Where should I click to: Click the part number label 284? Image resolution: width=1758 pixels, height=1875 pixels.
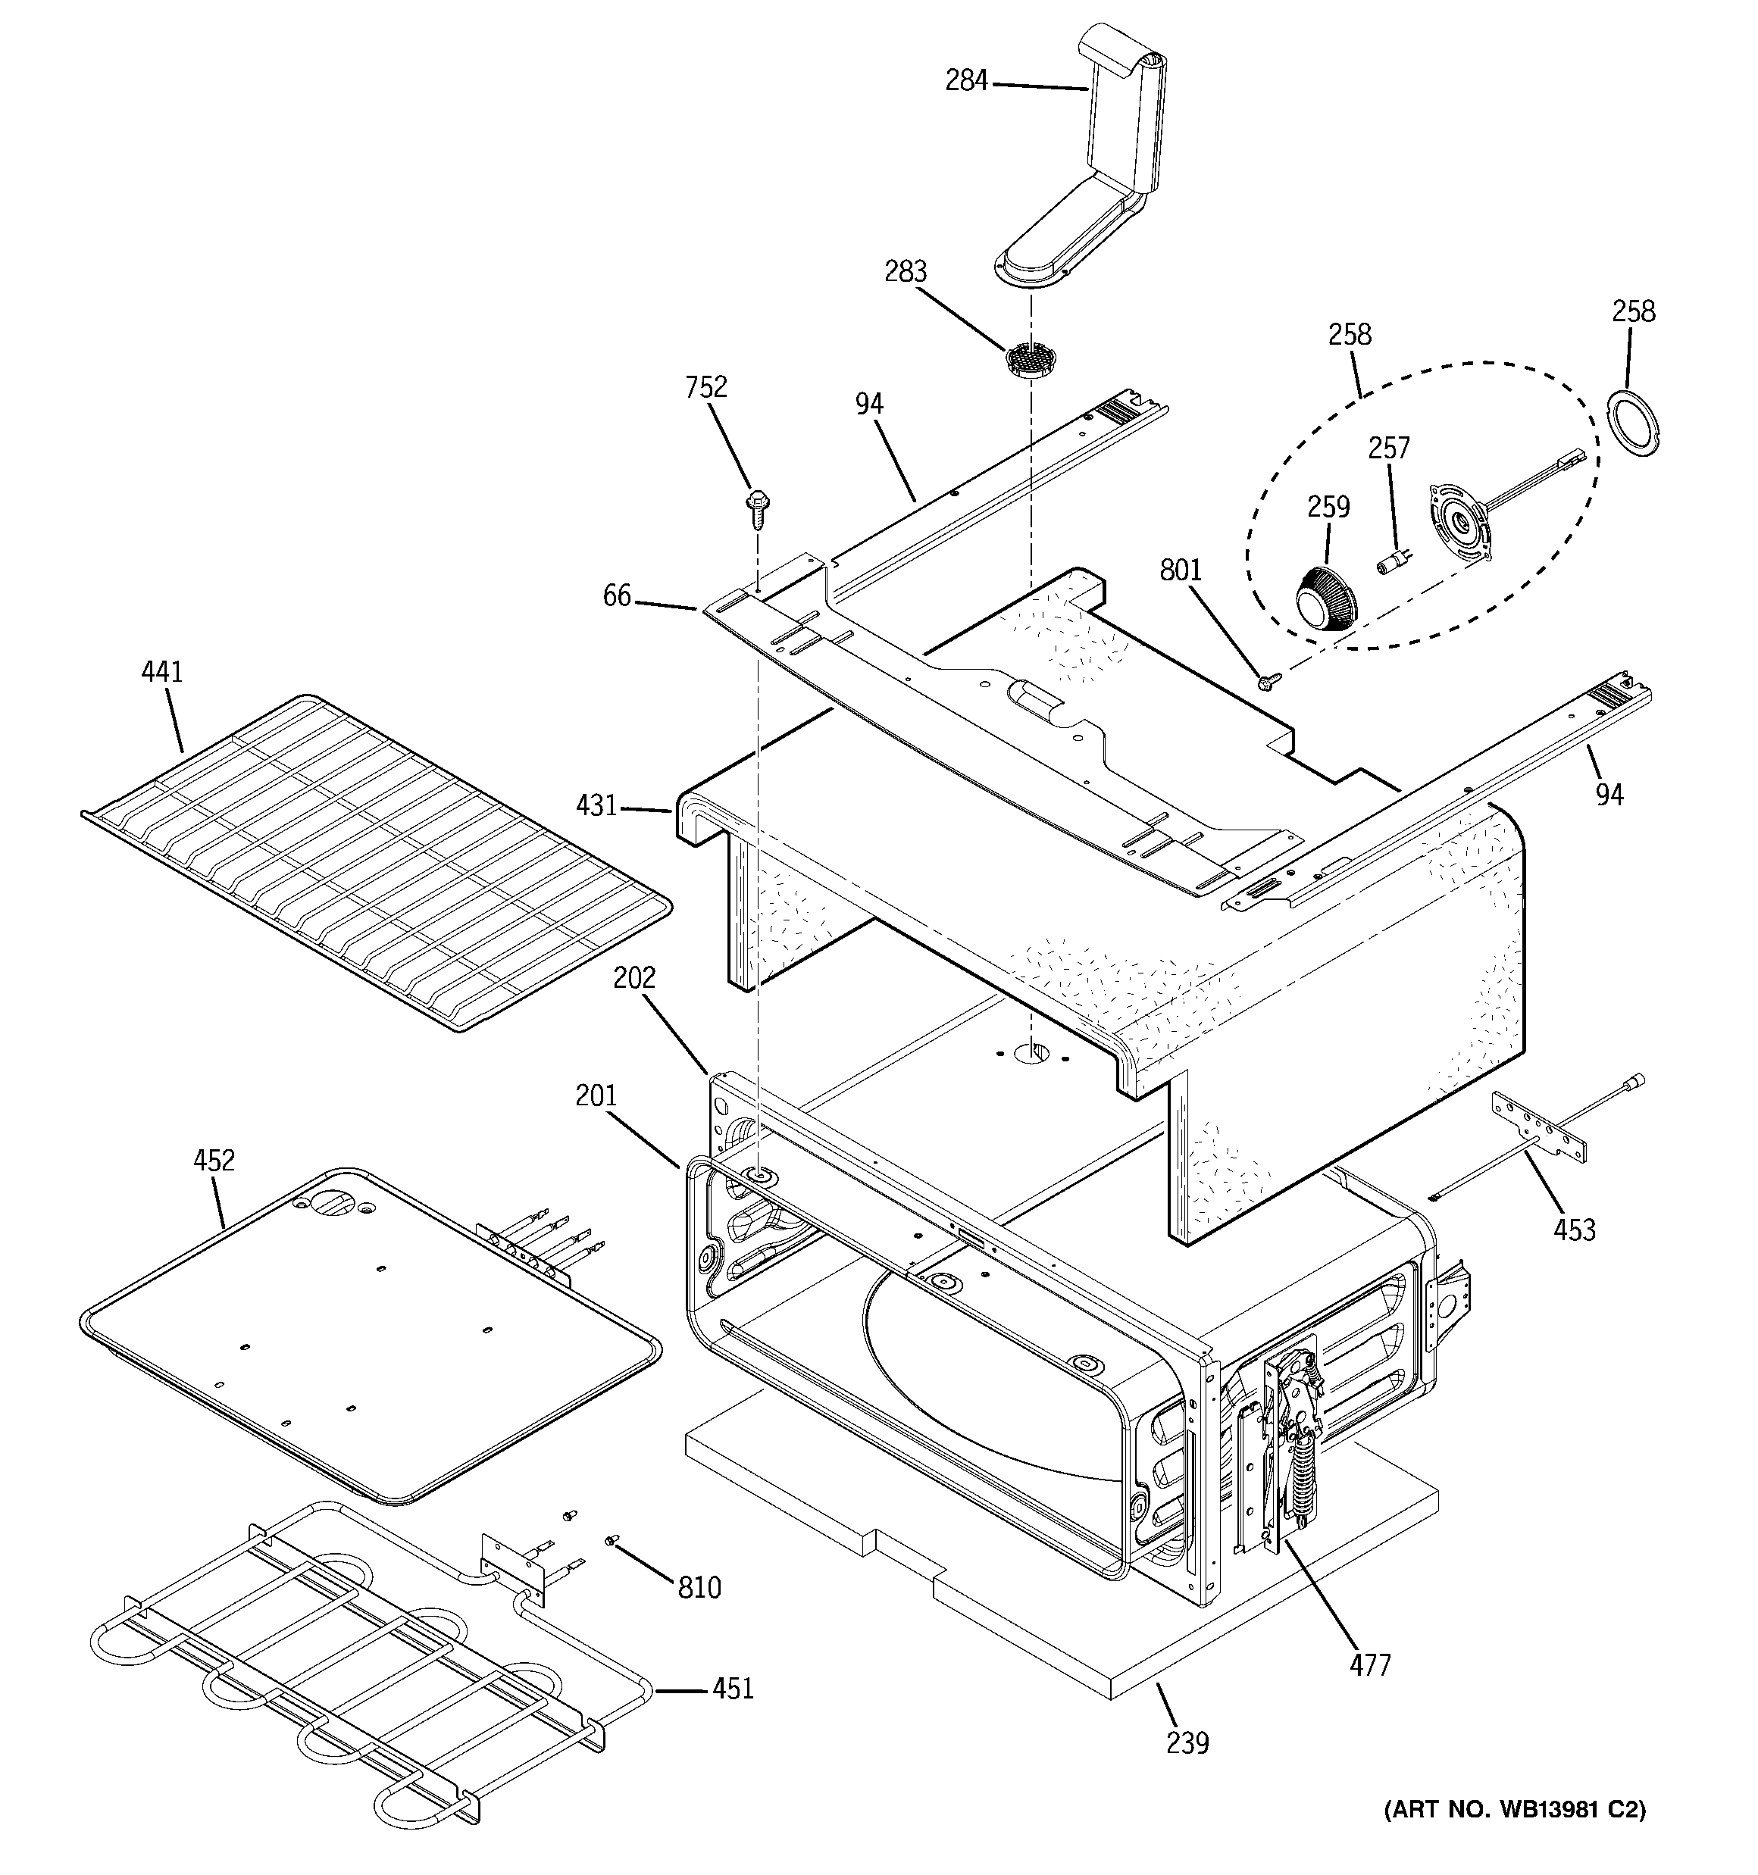966,81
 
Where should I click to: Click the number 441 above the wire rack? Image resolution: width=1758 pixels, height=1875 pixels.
161,673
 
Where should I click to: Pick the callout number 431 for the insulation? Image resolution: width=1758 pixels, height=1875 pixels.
596,806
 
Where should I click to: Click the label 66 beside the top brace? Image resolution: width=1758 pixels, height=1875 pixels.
617,596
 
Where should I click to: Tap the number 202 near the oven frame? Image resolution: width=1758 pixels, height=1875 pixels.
634,978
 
